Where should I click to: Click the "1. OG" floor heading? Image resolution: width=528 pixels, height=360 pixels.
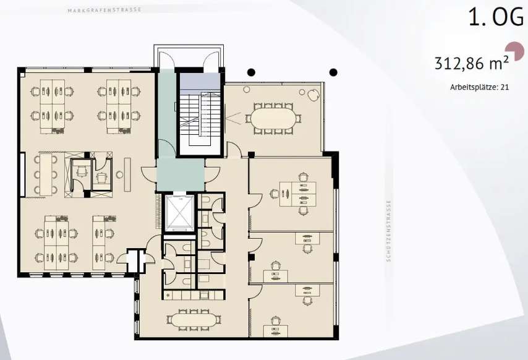(x=496, y=17)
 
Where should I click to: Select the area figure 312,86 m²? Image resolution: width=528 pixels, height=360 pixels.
(x=471, y=63)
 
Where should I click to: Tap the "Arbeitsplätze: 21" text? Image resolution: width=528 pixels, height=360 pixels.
(x=480, y=87)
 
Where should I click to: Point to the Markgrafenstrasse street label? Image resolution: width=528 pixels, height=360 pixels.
(x=104, y=10)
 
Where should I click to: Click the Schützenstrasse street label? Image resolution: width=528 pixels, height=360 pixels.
(x=389, y=231)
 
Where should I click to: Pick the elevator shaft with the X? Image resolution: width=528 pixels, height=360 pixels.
(x=179, y=213)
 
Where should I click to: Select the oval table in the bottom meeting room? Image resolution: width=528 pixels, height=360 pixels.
(x=194, y=320)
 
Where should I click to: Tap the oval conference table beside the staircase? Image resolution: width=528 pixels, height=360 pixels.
(x=273, y=118)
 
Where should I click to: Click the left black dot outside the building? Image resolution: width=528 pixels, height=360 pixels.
(x=251, y=72)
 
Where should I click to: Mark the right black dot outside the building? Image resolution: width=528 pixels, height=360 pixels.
(x=333, y=72)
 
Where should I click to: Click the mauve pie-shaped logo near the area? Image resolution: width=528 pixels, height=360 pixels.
(x=515, y=51)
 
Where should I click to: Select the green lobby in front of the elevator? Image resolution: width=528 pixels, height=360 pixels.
(x=180, y=175)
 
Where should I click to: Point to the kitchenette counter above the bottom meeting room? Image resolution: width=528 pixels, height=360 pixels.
(x=194, y=295)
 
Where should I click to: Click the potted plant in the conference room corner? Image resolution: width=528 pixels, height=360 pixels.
(x=313, y=95)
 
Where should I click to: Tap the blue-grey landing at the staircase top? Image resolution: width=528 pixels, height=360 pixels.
(x=199, y=81)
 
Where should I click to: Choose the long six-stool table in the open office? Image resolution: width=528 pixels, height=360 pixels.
(x=46, y=174)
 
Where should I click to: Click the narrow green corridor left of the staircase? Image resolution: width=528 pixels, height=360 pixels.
(x=167, y=113)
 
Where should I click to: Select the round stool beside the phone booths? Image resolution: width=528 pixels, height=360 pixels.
(x=119, y=174)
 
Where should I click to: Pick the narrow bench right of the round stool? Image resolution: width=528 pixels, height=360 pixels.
(x=127, y=174)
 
